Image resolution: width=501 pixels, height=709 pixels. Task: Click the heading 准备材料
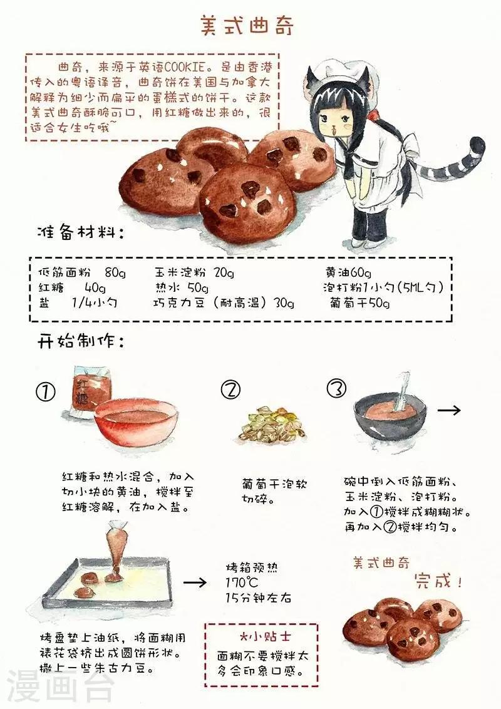click(80, 233)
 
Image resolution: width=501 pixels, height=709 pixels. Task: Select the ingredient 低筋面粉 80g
click(81, 272)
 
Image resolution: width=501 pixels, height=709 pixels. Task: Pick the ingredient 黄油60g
click(348, 272)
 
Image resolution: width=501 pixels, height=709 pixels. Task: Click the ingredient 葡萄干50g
click(359, 303)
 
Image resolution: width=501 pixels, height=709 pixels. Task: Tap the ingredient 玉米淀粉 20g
click(195, 272)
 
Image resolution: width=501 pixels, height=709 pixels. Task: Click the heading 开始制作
click(80, 342)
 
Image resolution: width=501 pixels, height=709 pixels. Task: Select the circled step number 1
click(46, 391)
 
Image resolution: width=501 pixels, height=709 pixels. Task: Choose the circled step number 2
click(230, 390)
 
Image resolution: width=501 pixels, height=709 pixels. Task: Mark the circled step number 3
click(336, 389)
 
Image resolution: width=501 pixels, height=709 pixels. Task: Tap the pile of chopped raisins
click(272, 424)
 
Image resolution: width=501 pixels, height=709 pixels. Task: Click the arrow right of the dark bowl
click(449, 410)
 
